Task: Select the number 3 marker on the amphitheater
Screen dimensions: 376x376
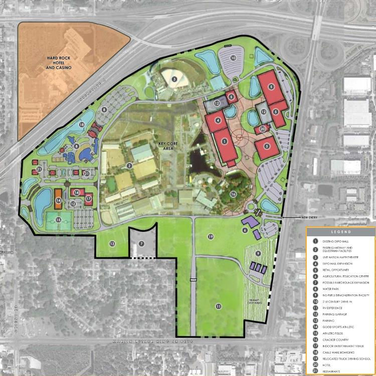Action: tap(174, 79)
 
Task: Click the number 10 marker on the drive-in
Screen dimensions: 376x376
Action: tap(233, 58)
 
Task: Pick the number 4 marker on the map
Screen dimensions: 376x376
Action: tap(218, 120)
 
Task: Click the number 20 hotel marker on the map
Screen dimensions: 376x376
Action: tap(263, 129)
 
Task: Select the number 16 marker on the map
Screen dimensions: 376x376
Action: tap(233, 194)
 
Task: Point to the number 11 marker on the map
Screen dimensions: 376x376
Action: tap(218, 306)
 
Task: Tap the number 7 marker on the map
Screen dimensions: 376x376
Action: tap(141, 244)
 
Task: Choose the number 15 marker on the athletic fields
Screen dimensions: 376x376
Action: tap(59, 219)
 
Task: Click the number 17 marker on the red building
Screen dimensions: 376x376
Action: tap(88, 199)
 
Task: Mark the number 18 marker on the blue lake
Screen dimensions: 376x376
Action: tap(81, 124)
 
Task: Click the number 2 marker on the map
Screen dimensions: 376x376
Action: tap(129, 166)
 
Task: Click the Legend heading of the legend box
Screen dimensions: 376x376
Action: tap(340, 232)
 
